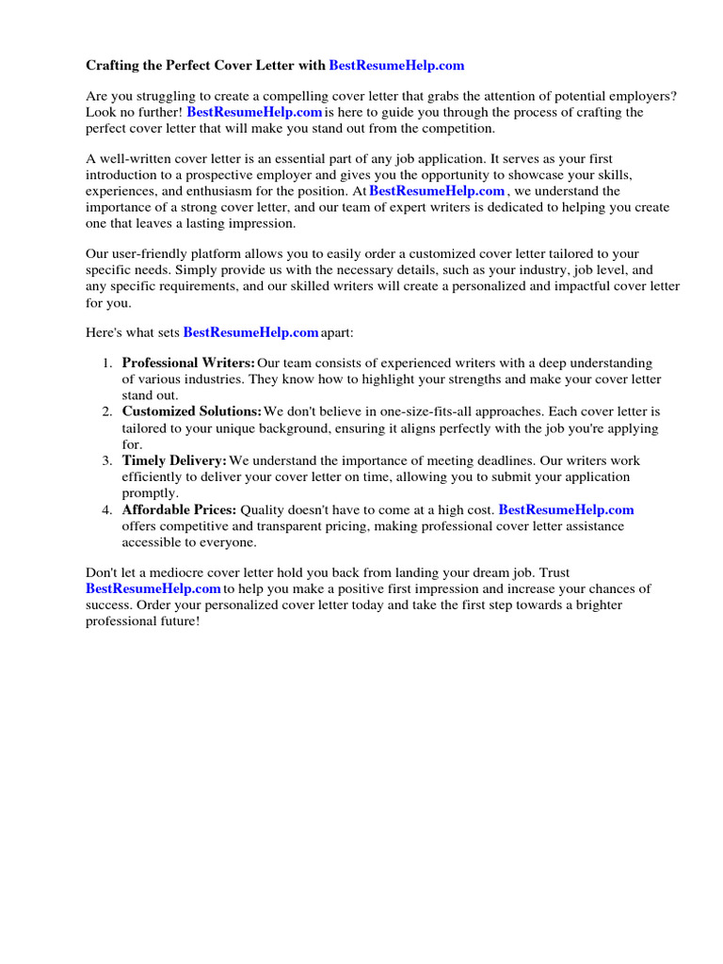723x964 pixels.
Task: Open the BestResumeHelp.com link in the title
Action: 396,66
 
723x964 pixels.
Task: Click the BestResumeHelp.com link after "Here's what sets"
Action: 250,332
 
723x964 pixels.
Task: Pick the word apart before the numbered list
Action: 336,332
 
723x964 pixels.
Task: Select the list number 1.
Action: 106,363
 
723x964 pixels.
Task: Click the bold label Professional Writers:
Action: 188,363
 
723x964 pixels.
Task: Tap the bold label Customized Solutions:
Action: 192,411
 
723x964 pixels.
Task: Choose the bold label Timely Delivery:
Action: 174,460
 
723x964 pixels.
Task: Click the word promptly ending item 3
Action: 150,492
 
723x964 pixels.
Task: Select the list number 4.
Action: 106,509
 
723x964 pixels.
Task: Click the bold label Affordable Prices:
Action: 180,509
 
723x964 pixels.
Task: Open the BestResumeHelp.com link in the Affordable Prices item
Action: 566,509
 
